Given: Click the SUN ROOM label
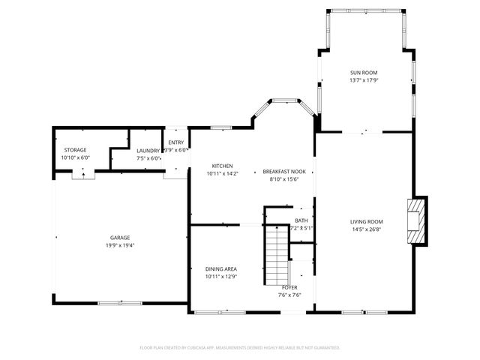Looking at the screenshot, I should tap(364, 73).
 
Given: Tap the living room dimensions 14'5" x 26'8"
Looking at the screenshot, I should tap(367, 229).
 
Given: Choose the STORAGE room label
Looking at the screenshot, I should tap(75, 150).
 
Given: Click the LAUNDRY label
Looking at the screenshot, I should tap(148, 150).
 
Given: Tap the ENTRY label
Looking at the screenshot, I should tap(176, 142).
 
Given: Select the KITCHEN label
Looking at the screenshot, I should tap(222, 166).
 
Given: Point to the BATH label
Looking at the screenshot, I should tap(301, 220).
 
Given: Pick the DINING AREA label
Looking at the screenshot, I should tap(221, 268).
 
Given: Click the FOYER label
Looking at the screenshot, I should tap(289, 287).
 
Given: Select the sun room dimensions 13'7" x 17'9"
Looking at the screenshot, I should tap(364, 80).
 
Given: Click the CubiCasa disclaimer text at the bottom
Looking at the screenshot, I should tap(240, 347).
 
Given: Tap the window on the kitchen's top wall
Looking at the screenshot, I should tap(220, 127).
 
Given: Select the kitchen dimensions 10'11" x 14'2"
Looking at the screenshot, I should tap(222, 173).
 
